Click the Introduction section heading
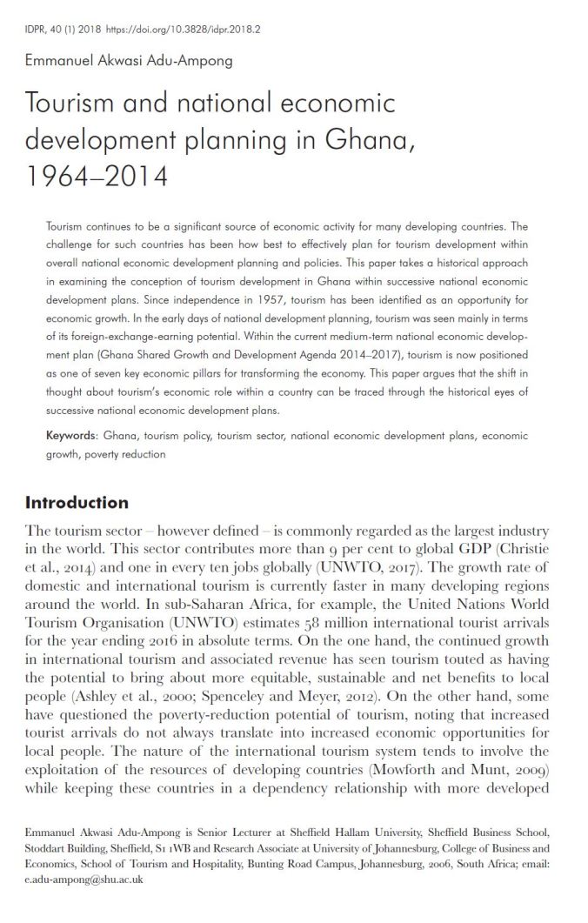(77, 503)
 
